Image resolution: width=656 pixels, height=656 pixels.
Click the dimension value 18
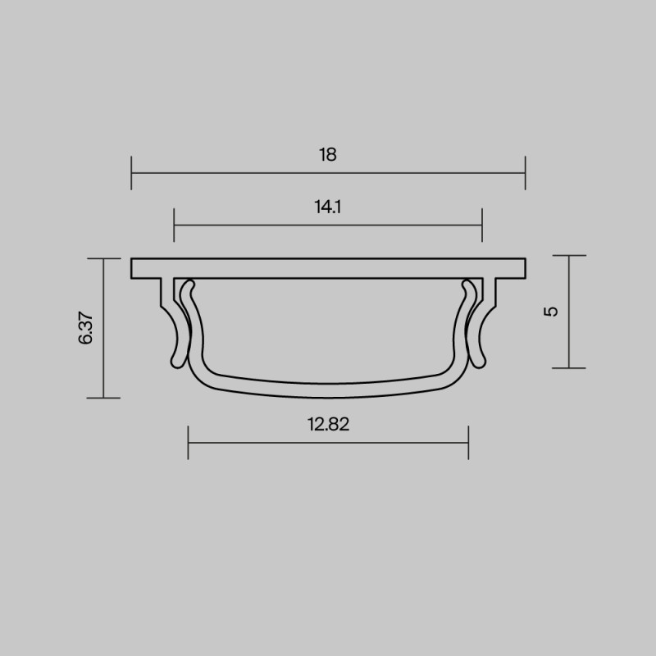point(328,154)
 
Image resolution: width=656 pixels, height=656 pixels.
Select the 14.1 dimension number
point(328,207)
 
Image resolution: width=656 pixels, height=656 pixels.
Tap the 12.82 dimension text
point(328,424)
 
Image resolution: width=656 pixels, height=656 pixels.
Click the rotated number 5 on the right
point(551,312)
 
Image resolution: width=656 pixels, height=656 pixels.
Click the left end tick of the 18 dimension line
point(132,173)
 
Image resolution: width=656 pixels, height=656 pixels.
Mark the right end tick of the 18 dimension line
point(525,173)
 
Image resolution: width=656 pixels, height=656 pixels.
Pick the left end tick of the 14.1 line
point(175,225)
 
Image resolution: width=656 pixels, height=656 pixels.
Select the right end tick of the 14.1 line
point(482,225)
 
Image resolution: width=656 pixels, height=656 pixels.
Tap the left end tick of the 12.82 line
point(189,442)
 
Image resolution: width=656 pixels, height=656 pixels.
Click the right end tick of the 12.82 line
point(468,442)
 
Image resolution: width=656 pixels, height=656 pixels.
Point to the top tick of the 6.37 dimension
point(103,258)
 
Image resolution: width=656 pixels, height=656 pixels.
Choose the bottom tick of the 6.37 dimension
point(103,398)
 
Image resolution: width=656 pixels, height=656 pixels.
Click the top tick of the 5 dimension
point(568,256)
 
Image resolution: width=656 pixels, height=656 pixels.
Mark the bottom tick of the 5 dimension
point(568,367)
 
